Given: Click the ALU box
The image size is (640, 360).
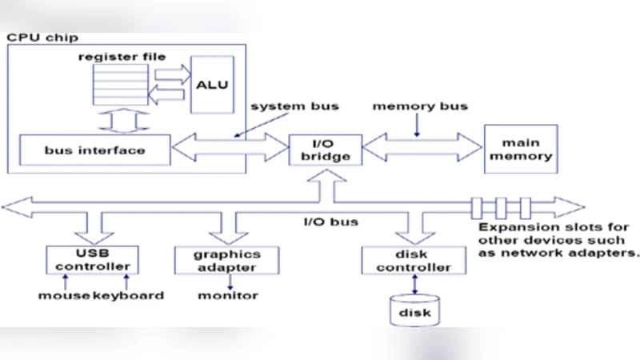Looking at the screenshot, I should [212, 83].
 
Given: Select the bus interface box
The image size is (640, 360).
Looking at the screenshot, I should [94, 150].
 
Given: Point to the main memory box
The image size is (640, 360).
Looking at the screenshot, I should [521, 149].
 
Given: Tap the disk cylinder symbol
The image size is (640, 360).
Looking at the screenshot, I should [414, 310].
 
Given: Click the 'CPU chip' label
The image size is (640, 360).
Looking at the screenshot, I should [36, 38].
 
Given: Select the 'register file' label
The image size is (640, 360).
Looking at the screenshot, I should [122, 58].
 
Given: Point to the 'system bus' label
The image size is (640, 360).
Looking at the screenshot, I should [294, 106].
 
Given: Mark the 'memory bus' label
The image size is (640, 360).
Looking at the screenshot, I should [420, 106].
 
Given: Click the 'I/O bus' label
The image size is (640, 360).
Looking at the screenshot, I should [330, 221].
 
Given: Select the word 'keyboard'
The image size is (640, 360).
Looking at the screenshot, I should [129, 295].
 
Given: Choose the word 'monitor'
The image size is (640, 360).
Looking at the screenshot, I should [228, 295].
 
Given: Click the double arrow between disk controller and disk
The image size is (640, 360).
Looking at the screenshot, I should [414, 284].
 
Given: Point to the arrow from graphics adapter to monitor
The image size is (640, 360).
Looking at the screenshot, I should [229, 281].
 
